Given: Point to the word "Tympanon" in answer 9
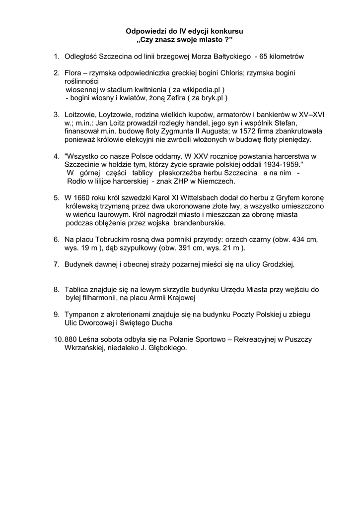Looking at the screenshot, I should (x=82, y=315).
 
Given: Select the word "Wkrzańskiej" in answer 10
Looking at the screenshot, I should (x=84, y=348).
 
